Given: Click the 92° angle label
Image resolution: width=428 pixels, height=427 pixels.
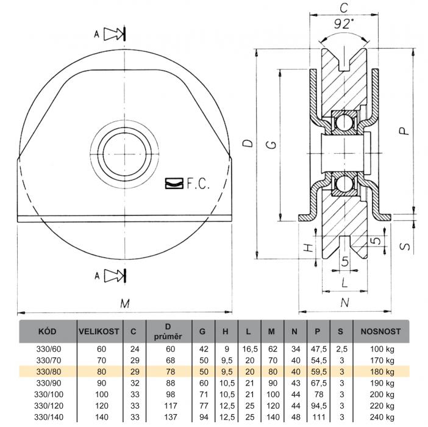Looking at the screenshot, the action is (x=344, y=24).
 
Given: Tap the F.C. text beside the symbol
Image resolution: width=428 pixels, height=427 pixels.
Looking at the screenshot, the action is (x=198, y=184).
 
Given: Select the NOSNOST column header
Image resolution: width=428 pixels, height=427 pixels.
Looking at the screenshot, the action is (x=381, y=331).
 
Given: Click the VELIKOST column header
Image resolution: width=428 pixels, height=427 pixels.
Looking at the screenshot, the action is (x=99, y=331).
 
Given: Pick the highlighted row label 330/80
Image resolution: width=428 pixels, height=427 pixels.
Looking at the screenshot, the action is (x=49, y=371).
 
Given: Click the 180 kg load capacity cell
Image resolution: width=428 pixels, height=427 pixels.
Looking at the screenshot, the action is (x=382, y=371).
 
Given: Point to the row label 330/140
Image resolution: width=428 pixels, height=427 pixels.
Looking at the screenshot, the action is (x=49, y=417).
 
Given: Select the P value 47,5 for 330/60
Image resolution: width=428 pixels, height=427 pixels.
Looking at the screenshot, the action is (x=318, y=349).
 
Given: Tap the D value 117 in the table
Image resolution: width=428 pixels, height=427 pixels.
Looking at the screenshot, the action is (x=171, y=406).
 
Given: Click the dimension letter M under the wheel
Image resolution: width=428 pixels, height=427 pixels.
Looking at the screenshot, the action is (x=125, y=303).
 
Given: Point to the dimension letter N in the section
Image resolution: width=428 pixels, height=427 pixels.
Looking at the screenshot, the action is (x=344, y=303).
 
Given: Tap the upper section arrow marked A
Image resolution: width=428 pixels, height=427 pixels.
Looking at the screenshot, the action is (x=114, y=34).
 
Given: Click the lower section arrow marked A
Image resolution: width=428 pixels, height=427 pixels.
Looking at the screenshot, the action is (x=115, y=276).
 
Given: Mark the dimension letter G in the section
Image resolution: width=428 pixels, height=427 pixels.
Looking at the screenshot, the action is (x=271, y=145).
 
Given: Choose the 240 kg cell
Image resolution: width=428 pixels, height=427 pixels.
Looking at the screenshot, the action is (x=382, y=417).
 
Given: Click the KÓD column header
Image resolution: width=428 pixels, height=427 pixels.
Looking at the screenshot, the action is (x=47, y=331).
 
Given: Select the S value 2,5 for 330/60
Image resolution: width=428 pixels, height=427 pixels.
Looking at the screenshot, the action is (x=342, y=349).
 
